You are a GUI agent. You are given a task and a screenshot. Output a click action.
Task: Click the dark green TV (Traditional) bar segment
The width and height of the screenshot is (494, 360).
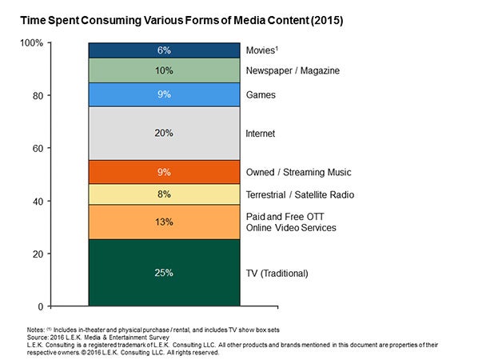pos(164,273)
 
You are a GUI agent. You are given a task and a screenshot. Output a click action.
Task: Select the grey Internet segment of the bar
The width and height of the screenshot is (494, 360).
pos(164,134)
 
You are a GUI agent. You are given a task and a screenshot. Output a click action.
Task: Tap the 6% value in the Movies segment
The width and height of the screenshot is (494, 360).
pos(164,50)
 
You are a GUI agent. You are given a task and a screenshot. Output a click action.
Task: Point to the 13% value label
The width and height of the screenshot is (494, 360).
pos(164,222)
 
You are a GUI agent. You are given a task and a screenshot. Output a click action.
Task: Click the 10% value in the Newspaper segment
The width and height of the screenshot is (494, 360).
pos(164,70)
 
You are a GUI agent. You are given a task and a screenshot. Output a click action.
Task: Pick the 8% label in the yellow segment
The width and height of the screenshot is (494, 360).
pos(164,194)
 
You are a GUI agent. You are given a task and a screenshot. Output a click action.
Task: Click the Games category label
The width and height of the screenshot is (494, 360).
pos(261,95)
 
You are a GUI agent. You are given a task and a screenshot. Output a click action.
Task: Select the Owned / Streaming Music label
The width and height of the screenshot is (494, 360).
pos(298,173)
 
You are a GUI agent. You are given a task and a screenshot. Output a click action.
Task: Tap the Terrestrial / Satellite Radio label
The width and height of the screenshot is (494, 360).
pos(300,195)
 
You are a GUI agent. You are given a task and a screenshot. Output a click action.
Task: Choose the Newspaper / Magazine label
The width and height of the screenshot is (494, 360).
pos(293,70)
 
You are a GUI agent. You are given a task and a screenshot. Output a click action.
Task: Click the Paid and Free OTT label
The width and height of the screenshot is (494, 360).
pos(285,217)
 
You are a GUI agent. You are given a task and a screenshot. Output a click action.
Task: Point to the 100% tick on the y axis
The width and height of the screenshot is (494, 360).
pos(31,43)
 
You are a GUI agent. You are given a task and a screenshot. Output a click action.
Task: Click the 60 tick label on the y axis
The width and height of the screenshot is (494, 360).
pos(38,149)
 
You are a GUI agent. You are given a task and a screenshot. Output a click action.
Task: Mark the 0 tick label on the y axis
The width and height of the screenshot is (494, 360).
pos(40,306)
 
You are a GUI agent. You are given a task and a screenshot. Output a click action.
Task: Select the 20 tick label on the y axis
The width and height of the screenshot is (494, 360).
pos(38,254)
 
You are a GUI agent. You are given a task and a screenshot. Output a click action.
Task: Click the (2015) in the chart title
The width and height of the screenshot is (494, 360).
pos(327,21)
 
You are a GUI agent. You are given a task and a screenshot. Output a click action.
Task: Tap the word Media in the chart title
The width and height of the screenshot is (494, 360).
pos(249,21)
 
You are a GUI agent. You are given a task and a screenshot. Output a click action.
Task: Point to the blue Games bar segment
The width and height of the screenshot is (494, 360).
pos(164,94)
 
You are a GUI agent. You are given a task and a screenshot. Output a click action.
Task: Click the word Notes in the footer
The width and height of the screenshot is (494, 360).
pos(36,330)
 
